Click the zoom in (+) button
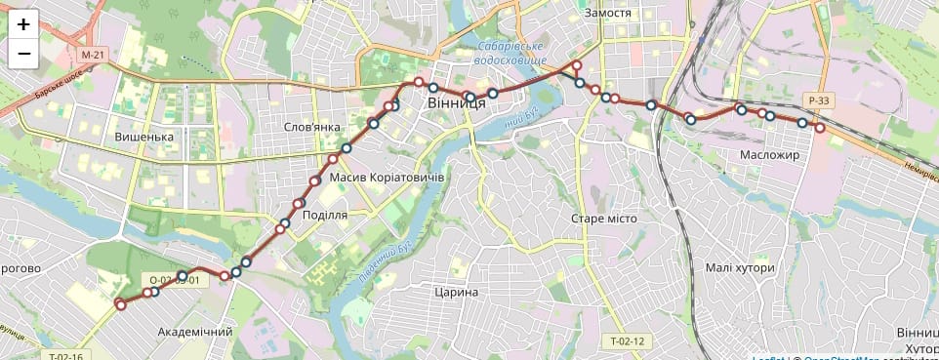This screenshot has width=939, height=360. [23, 24]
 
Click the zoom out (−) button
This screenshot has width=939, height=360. [23, 54]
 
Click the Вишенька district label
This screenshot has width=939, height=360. [143, 137]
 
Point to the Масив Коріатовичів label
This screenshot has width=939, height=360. [387, 177]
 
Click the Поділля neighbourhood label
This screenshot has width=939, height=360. [326, 216]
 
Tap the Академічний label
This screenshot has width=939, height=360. [195, 332]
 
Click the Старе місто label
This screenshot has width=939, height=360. [603, 219]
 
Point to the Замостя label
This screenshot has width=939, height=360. [608, 14]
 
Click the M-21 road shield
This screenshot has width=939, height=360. [93, 55]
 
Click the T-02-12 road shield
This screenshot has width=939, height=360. [628, 341]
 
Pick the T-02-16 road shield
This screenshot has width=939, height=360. [65, 355]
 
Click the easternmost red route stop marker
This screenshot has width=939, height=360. [820, 128]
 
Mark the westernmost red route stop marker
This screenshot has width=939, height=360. [120, 304]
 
